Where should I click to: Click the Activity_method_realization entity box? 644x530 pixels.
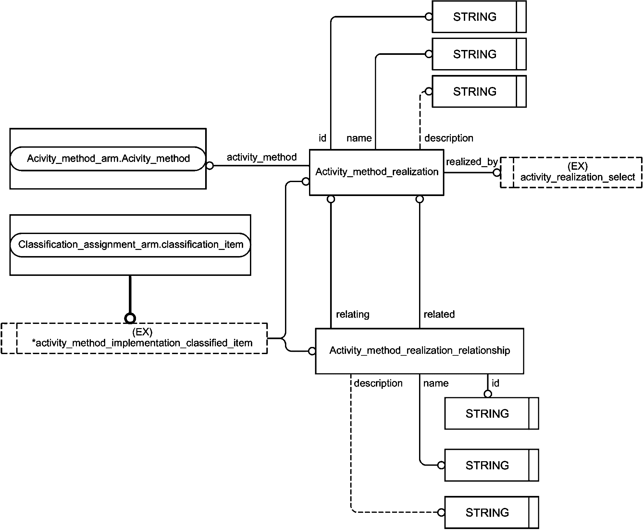pyautogui.click(x=377, y=172)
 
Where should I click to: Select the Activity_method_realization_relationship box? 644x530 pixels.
pyautogui.click(x=419, y=351)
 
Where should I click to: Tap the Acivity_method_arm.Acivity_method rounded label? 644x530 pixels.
pyautogui.click(x=108, y=158)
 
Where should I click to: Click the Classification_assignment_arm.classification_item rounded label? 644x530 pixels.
pyautogui.click(x=130, y=245)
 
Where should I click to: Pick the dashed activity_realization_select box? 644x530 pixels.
pyautogui.click(x=571, y=172)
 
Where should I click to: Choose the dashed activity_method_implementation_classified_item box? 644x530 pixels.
pyautogui.click(x=134, y=338)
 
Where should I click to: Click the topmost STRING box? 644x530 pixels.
pyautogui.click(x=479, y=17)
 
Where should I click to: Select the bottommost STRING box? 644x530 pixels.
pyautogui.click(x=491, y=512)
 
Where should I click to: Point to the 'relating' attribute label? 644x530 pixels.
pyautogui.click(x=353, y=314)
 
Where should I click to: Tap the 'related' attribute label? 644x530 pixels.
pyautogui.click(x=439, y=314)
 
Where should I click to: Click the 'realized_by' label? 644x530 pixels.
pyautogui.click(x=472, y=162)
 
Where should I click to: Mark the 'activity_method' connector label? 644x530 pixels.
pyautogui.click(x=262, y=157)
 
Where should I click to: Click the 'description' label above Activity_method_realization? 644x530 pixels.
pyautogui.click(x=449, y=138)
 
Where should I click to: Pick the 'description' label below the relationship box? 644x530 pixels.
pyautogui.click(x=378, y=383)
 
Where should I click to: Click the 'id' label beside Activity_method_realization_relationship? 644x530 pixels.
pyautogui.click(x=495, y=383)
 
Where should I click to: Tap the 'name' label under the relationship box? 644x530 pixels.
pyautogui.click(x=436, y=383)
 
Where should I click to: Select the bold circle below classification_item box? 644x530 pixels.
pyautogui.click(x=130, y=318)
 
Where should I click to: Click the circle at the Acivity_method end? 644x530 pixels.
pyautogui.click(x=210, y=166)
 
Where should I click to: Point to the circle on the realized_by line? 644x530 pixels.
pyautogui.click(x=497, y=172)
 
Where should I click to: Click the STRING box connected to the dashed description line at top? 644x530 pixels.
pyautogui.click(x=479, y=91)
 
